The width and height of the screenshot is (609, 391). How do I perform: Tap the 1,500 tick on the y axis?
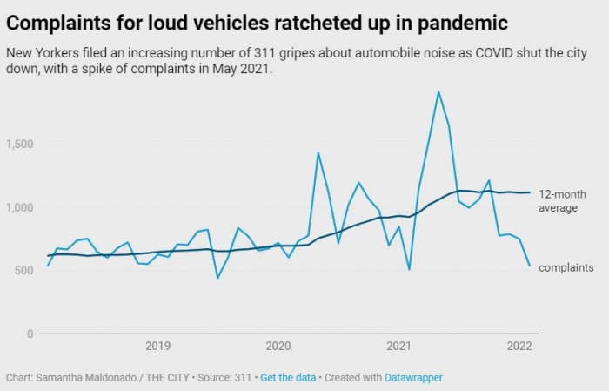tap(20, 144)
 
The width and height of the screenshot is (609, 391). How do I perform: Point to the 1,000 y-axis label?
tap(20, 207)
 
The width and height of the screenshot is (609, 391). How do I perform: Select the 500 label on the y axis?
tap(23, 270)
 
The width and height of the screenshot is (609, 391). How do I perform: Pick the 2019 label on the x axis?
tap(157, 346)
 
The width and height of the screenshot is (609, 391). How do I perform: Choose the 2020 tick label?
tap(278, 346)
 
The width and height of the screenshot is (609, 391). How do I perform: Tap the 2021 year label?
tap(398, 346)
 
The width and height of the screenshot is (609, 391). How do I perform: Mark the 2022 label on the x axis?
tap(519, 346)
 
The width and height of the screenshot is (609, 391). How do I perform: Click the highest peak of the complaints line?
tap(438, 91)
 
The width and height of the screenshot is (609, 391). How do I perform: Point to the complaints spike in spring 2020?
tap(318, 153)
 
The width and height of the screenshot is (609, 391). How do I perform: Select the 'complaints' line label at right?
tap(566, 267)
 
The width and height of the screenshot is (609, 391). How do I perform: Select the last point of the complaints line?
tap(529, 266)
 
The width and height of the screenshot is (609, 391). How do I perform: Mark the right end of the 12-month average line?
tap(529, 192)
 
